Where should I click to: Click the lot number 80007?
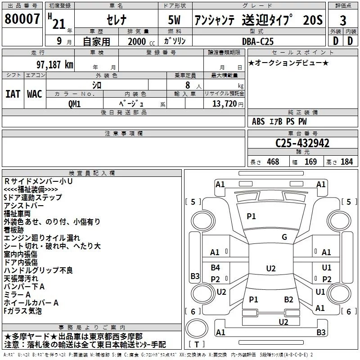point(22,19)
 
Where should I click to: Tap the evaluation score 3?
point(343,20)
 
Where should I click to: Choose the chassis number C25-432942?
point(302,143)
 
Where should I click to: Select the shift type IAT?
point(13,94)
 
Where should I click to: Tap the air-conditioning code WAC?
point(34,94)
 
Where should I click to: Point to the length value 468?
point(272,162)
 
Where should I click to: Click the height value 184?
point(346,162)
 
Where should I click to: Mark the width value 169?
point(310,162)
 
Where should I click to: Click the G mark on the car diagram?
point(284,237)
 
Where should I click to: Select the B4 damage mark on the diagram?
point(216,268)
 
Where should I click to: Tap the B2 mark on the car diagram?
point(288,299)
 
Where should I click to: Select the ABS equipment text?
point(258,121)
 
